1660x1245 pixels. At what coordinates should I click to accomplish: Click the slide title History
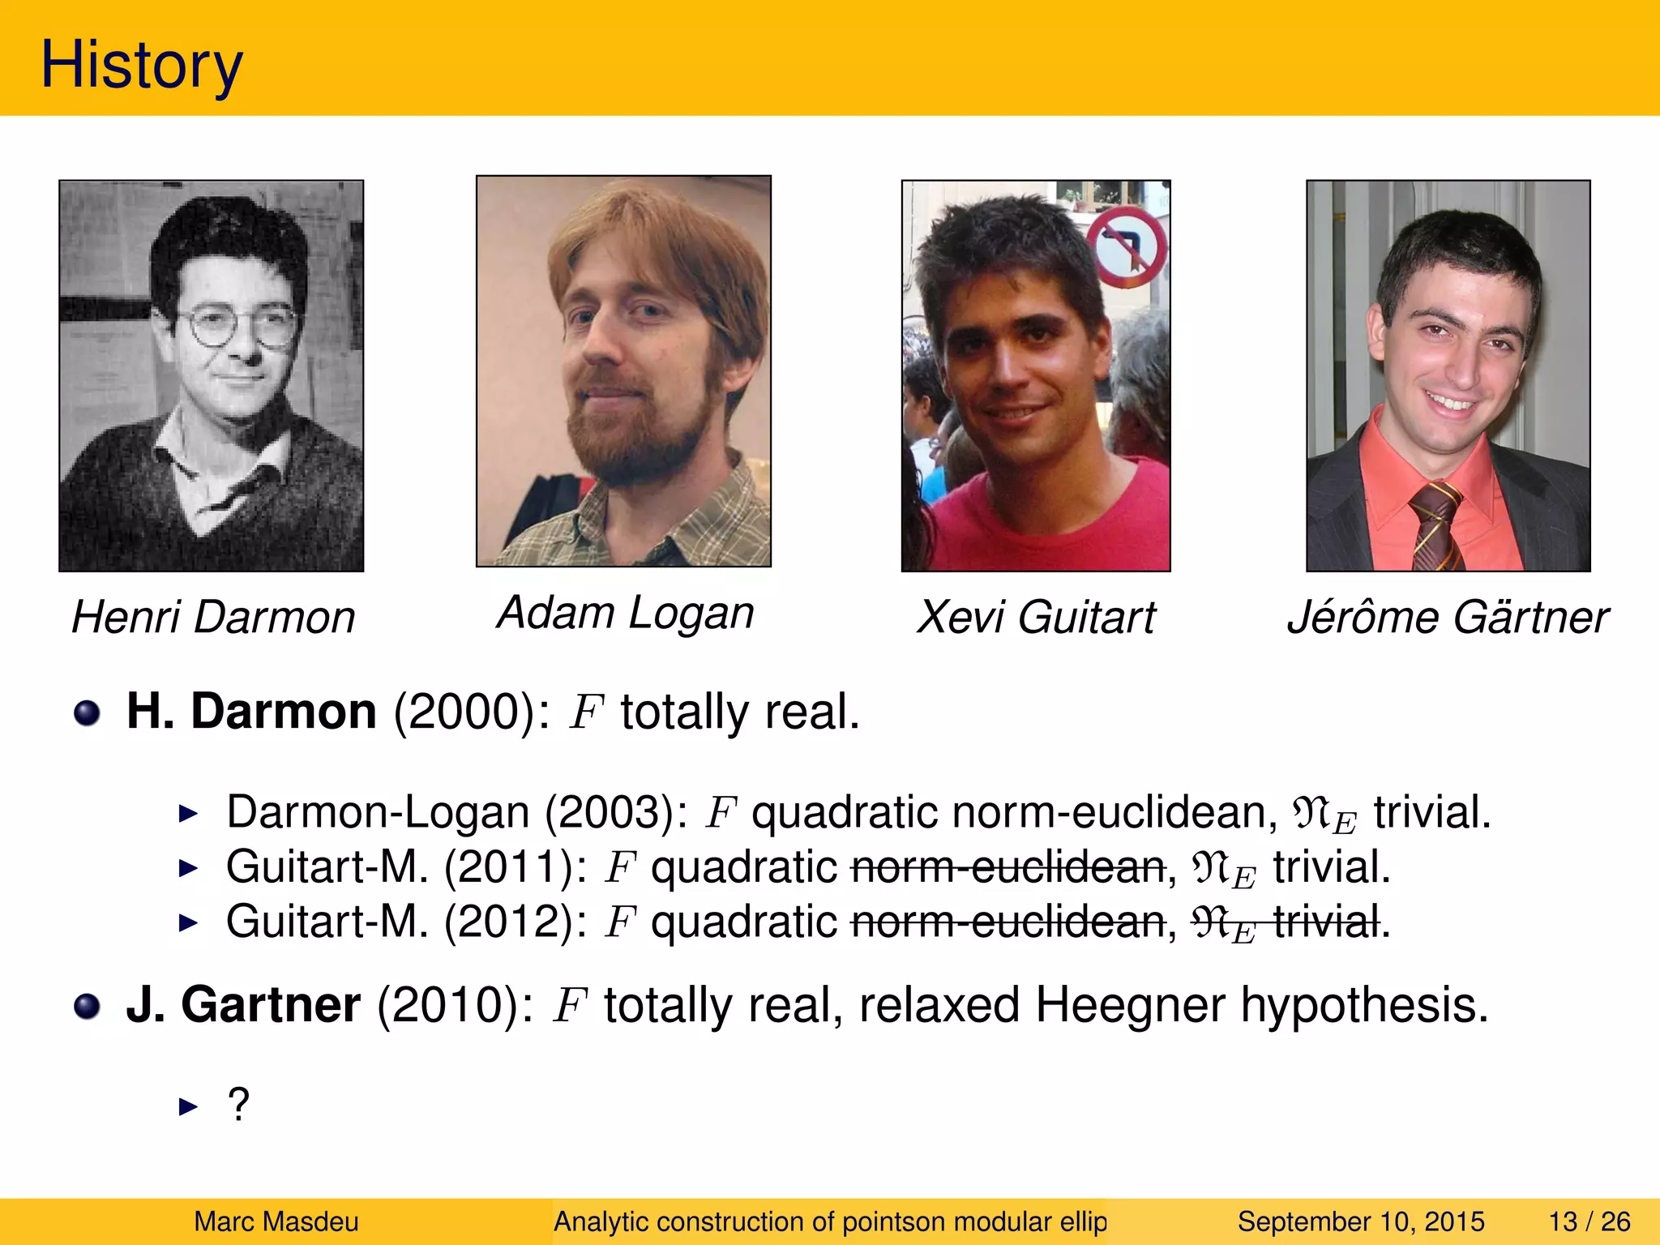[x=141, y=65]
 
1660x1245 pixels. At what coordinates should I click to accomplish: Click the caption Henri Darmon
[x=213, y=618]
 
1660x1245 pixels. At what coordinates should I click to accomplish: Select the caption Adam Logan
[x=625, y=613]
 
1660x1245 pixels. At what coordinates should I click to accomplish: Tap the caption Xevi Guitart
[x=1035, y=618]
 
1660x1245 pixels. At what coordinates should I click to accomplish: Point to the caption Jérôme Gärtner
[x=1448, y=618]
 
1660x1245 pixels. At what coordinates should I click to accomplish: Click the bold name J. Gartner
[x=243, y=1005]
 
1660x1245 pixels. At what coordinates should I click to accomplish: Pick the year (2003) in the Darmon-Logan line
[x=616, y=812]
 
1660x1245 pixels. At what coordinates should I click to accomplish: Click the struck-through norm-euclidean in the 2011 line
[x=1008, y=867]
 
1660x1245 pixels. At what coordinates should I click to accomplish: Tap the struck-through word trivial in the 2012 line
[x=1326, y=922]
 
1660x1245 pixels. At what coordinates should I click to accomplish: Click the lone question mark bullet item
[x=238, y=1105]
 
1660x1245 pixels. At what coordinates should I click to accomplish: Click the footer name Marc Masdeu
[x=276, y=1221]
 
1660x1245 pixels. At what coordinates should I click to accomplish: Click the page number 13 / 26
[x=1589, y=1221]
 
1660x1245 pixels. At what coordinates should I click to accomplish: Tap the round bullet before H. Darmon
[x=87, y=713]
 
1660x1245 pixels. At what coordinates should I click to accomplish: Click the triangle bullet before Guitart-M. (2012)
[x=188, y=922]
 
